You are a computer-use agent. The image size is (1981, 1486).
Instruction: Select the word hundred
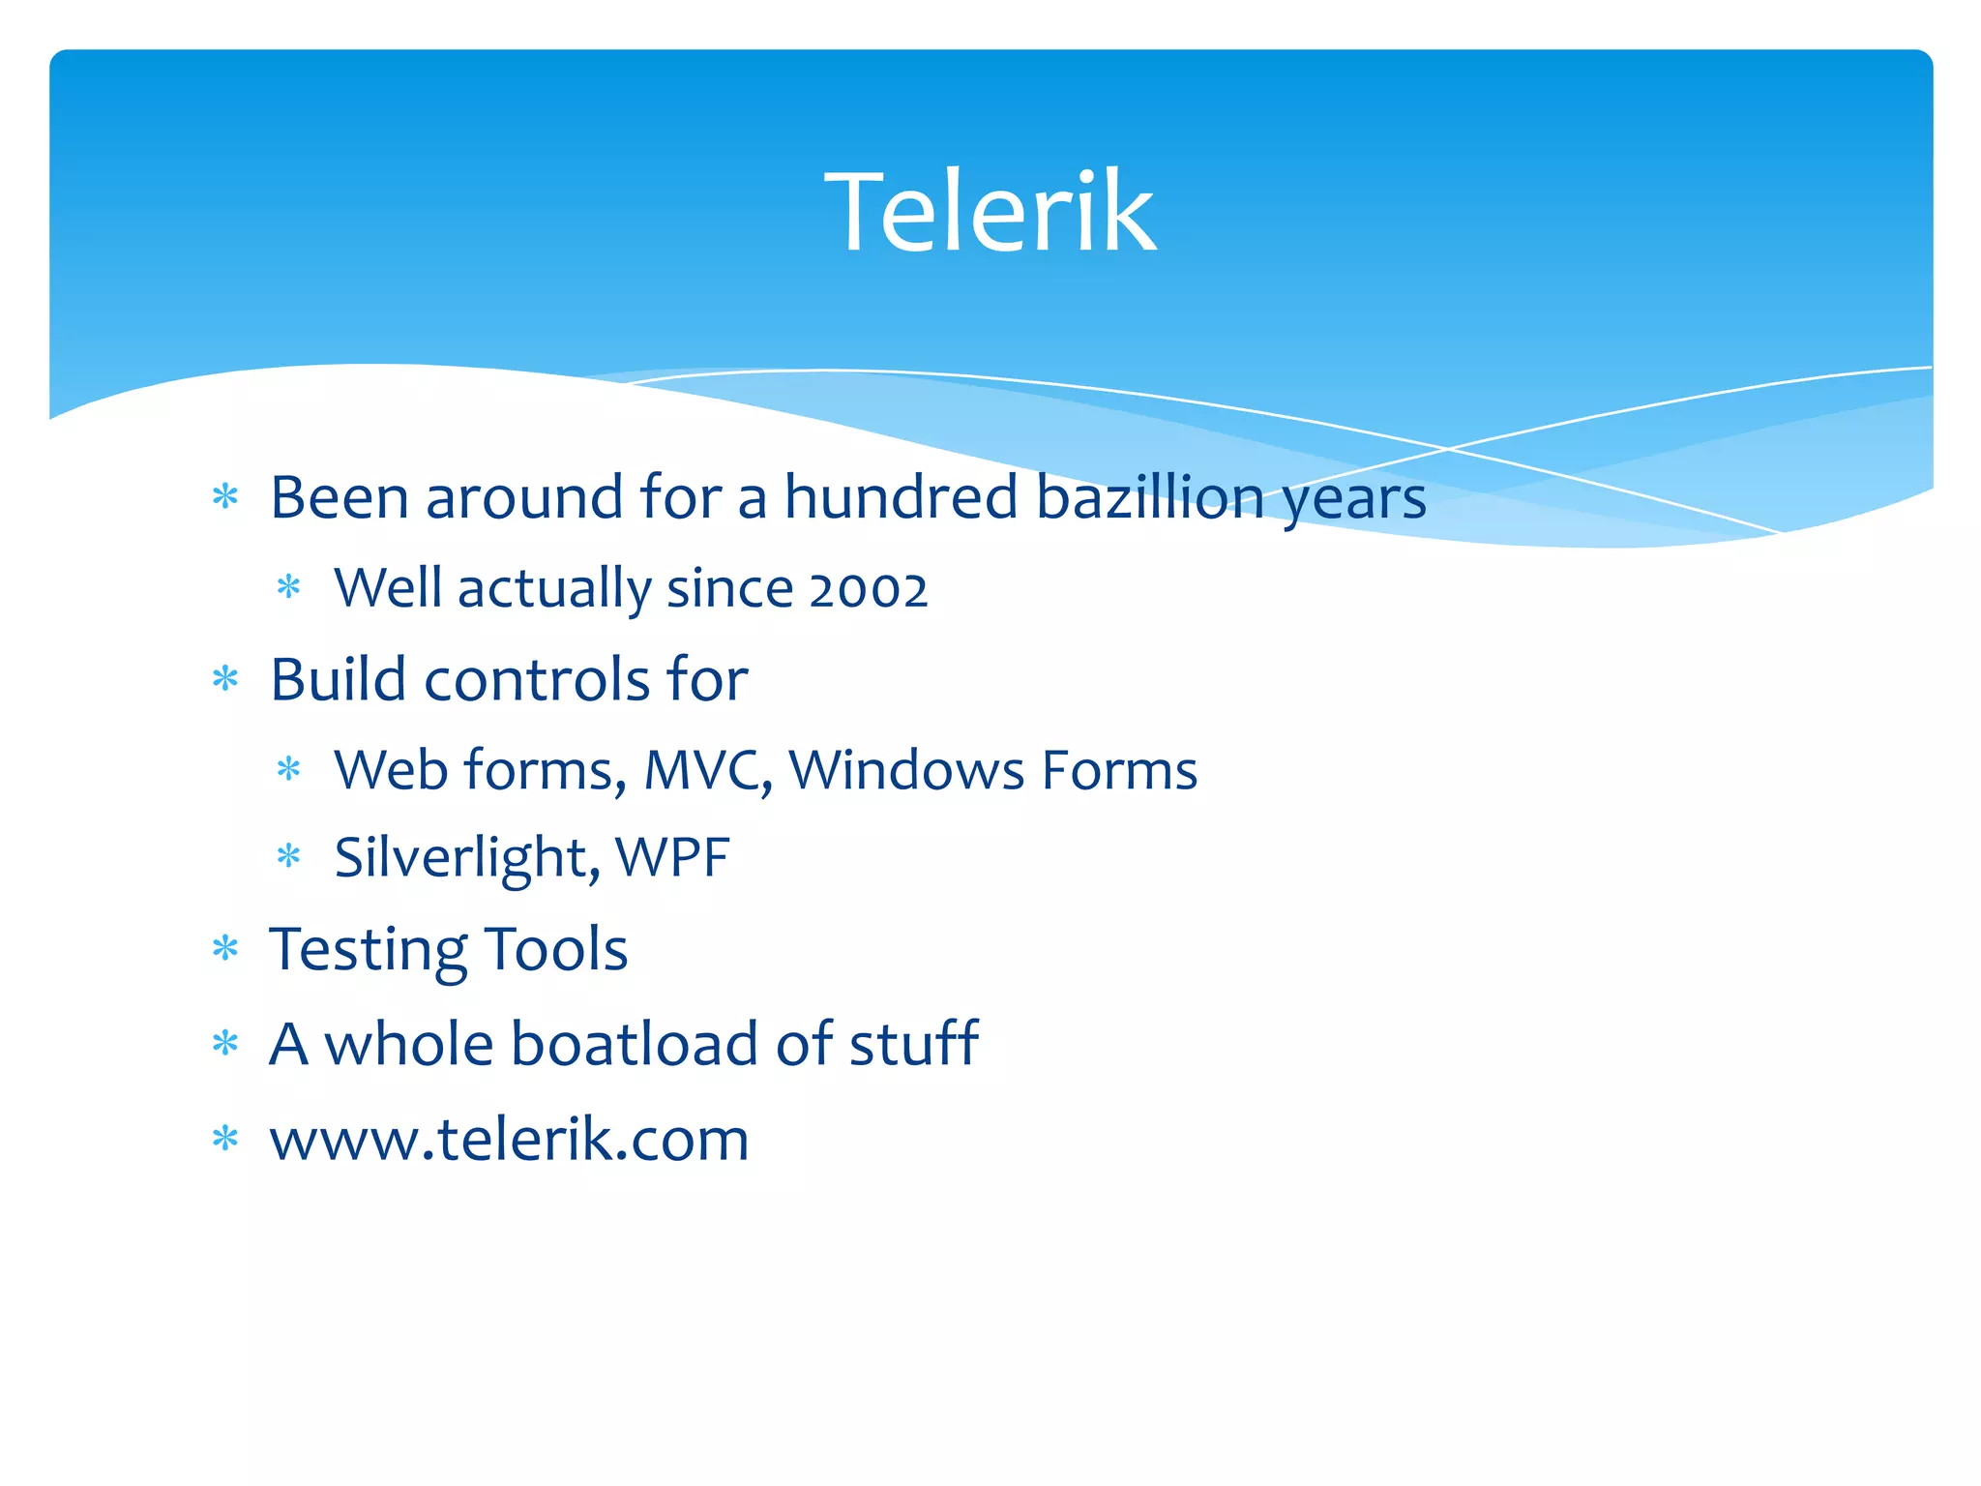(901, 497)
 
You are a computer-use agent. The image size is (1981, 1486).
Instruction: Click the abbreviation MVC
(707, 770)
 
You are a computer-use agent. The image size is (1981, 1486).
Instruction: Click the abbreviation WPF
(672, 857)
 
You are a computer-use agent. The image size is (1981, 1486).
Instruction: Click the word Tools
(556, 949)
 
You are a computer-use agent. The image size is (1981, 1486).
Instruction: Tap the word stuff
(913, 1044)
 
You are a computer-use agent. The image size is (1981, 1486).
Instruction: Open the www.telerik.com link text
(509, 1139)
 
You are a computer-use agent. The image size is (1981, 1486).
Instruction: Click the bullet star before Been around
(225, 497)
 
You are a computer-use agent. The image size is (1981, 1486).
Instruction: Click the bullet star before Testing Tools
(225, 949)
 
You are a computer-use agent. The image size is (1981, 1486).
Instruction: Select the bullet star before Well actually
(289, 587)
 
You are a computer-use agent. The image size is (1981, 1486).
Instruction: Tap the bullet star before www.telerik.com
(225, 1139)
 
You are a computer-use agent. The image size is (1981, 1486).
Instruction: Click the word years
(1353, 499)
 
